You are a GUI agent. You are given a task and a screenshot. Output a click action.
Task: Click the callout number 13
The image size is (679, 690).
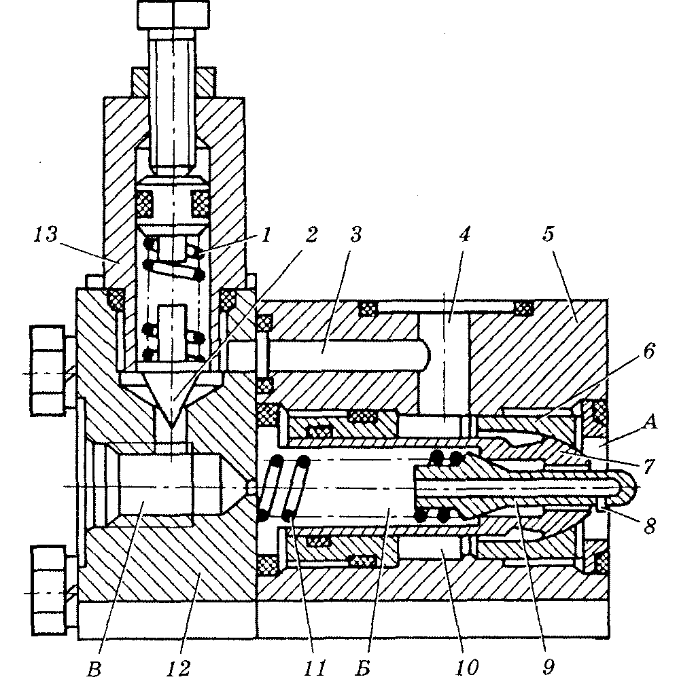pyautogui.click(x=46, y=234)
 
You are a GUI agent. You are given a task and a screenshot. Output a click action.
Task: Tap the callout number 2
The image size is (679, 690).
pyautogui.click(x=311, y=234)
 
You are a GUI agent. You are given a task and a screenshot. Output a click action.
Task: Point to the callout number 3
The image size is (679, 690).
pyautogui.click(x=355, y=234)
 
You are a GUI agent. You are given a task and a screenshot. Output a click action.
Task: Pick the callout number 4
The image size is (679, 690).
pyautogui.click(x=464, y=234)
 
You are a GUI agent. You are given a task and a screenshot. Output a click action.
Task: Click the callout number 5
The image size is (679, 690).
pyautogui.click(x=548, y=234)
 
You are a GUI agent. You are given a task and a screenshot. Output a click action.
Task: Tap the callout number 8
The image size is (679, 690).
pyautogui.click(x=649, y=525)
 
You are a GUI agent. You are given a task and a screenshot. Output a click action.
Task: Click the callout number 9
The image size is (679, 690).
pyautogui.click(x=548, y=668)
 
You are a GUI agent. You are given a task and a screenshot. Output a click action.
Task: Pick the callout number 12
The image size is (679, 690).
pyautogui.click(x=178, y=668)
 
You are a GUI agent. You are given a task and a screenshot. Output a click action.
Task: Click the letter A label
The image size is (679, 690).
pyautogui.click(x=650, y=422)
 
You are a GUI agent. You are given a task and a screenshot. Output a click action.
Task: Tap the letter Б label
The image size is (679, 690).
pyautogui.click(x=362, y=668)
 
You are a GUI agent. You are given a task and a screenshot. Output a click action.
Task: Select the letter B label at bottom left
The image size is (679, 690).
pyautogui.click(x=94, y=669)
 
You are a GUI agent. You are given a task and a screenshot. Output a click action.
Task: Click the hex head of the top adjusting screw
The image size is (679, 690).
pyautogui.click(x=173, y=14)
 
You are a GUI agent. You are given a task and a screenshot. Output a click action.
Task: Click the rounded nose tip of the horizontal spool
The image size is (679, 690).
pyautogui.click(x=629, y=486)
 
